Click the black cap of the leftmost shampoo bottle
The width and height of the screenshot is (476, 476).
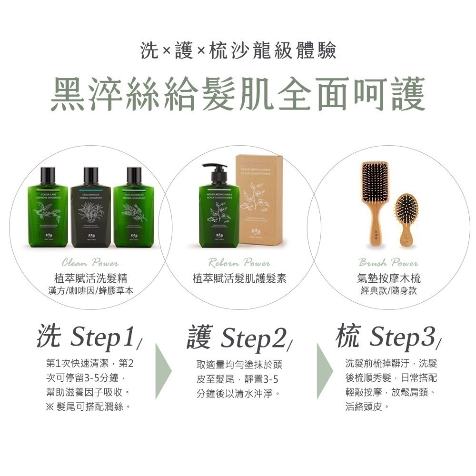[x=48, y=175]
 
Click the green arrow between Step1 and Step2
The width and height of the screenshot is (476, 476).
[x=163, y=371]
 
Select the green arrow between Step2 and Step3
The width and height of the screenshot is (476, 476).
[x=325, y=371]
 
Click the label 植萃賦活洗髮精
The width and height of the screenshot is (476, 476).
[x=90, y=278]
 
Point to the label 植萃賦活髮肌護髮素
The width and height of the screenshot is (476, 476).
[x=239, y=278]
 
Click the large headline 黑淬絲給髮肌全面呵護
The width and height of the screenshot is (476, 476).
[x=238, y=94]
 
